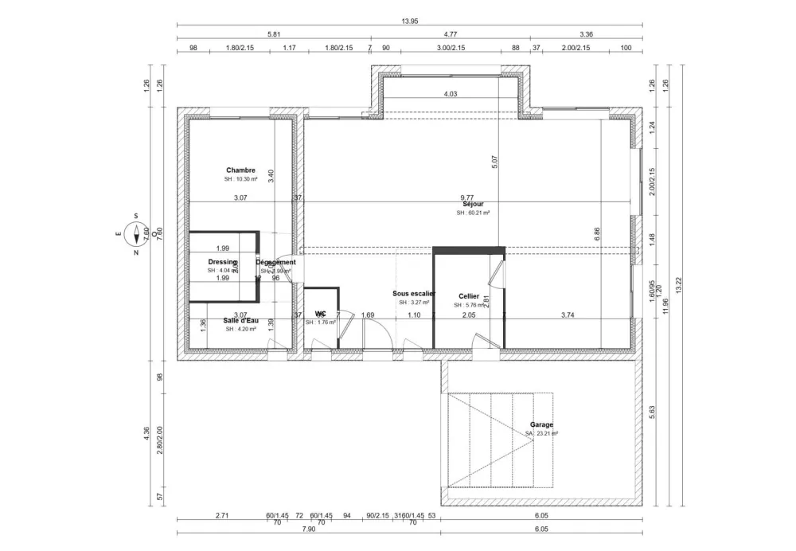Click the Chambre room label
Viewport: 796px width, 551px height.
(240, 170)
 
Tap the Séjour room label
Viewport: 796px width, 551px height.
(473, 204)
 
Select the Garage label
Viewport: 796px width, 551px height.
(541, 424)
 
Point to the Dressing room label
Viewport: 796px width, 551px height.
(222, 262)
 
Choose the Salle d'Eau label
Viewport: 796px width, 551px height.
(240, 320)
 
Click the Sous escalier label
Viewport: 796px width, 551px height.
(414, 293)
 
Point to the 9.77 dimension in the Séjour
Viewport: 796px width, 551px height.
(467, 197)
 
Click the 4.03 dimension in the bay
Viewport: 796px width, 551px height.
(451, 94)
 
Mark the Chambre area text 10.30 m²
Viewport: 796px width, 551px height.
(240, 179)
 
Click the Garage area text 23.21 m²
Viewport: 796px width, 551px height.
(541, 434)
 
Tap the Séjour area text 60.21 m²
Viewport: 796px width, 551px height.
(473, 213)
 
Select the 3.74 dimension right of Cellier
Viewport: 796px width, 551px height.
(568, 315)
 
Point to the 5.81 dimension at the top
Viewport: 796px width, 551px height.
(273, 34)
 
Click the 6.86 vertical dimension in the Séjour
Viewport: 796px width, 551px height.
(598, 233)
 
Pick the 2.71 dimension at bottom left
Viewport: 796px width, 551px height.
(222, 516)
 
